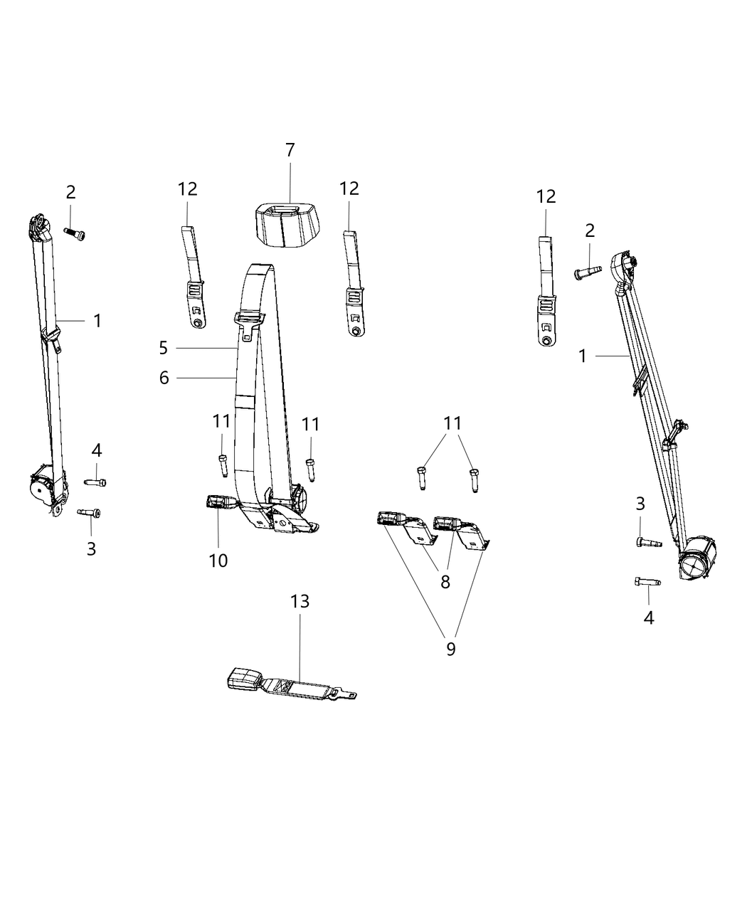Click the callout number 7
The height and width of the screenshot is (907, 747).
tap(290, 150)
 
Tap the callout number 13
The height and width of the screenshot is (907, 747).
tap(300, 601)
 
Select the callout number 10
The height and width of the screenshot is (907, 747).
tap(218, 561)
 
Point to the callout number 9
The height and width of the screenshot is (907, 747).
tap(450, 661)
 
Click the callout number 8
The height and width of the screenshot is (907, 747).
tap(445, 582)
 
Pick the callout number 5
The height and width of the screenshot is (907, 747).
tap(164, 348)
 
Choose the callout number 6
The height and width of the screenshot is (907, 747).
tap(164, 378)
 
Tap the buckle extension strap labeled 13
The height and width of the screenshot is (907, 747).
tap(292, 686)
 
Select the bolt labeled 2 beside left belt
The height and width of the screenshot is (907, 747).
tap(75, 234)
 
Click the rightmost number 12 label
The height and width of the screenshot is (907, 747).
tap(546, 197)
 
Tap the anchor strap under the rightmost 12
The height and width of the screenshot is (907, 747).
tap(547, 292)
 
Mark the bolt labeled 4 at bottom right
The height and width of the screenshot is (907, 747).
tap(648, 582)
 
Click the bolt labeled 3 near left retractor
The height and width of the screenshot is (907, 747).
tap(89, 513)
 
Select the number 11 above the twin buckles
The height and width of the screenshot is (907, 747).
tap(452, 423)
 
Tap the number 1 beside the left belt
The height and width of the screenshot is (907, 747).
tap(97, 321)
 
